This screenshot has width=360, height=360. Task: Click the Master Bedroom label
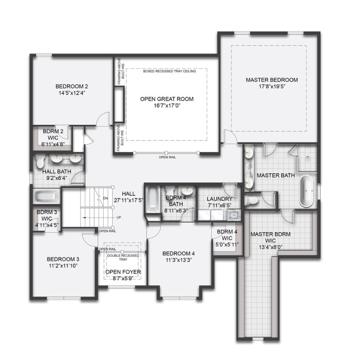(x=272, y=80)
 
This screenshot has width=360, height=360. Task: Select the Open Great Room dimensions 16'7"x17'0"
(x=166, y=106)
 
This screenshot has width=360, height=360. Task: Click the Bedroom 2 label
(x=72, y=86)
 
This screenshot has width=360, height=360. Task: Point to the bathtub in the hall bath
(x=46, y=196)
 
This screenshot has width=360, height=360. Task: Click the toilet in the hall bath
(x=40, y=163)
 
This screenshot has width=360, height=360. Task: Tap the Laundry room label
(x=219, y=198)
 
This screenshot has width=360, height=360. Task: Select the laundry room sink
(x=232, y=215)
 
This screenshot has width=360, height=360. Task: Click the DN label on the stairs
(x=105, y=198)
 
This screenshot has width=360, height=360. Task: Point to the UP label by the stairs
(x=119, y=217)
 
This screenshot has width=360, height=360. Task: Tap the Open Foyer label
(x=123, y=271)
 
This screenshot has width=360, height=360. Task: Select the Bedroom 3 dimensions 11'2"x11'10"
(x=63, y=266)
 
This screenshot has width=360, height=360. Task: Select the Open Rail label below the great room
(x=166, y=157)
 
